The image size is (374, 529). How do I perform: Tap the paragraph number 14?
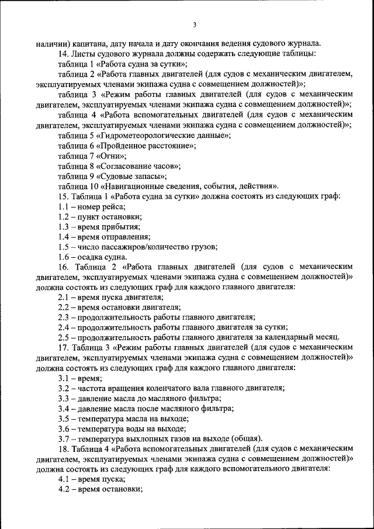(x=63, y=54)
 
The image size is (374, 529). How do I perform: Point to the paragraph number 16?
(x=63, y=267)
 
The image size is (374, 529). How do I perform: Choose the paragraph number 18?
(x=63, y=448)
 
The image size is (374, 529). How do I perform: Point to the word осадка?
(x=91, y=257)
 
